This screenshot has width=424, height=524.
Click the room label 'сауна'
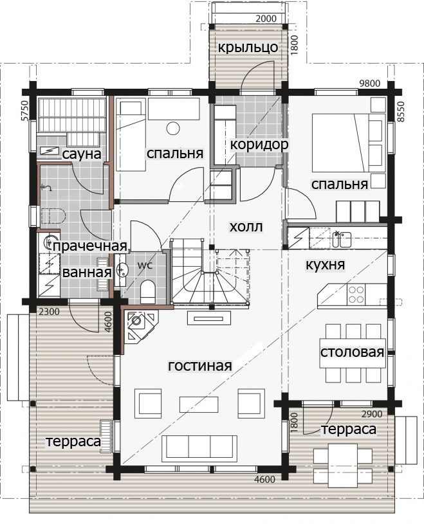(x=82, y=154)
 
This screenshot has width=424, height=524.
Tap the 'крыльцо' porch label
(x=248, y=48)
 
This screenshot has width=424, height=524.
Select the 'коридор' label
(x=259, y=145)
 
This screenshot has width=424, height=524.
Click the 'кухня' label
(x=325, y=265)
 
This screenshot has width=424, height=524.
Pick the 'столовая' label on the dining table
(x=352, y=352)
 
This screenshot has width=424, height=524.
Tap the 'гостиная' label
(x=200, y=366)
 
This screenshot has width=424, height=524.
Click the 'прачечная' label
(x=90, y=246)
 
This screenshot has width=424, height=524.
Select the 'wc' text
(x=145, y=266)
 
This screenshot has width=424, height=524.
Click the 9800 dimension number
(x=369, y=83)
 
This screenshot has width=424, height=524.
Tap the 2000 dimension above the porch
(x=266, y=19)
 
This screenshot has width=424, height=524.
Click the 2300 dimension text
(x=49, y=312)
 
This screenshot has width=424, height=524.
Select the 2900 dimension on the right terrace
(x=372, y=414)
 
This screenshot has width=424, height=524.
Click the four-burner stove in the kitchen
(x=356, y=294)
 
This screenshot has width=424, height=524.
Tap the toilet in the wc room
(x=147, y=291)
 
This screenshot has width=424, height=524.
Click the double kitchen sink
(x=341, y=239)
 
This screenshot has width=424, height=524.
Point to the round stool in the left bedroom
(x=173, y=129)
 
